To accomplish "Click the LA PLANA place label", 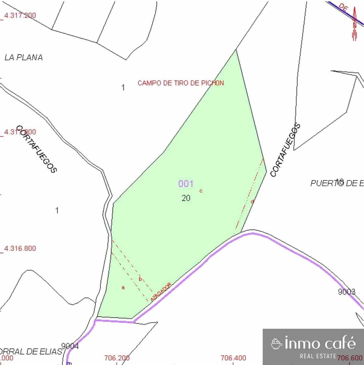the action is pos(23,57).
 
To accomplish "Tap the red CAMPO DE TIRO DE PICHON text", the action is pos(181,83).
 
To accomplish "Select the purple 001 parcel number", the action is pos(185,184).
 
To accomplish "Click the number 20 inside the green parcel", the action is pos(186,198).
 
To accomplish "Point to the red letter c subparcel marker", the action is pos(201,191).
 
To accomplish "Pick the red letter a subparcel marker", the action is pos(123,287).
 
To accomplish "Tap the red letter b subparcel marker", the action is pos(140,279).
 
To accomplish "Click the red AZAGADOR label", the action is pos(161,292).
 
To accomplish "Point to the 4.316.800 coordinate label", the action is pos(20,248).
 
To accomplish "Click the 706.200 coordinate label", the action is pos(117,358).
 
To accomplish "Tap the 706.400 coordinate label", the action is pos(233,358).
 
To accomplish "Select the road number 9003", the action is pos(347,292).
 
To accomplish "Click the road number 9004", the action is pos(70,346).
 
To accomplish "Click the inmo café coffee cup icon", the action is pos(276,344).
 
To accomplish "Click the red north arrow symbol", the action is pos(354,26).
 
